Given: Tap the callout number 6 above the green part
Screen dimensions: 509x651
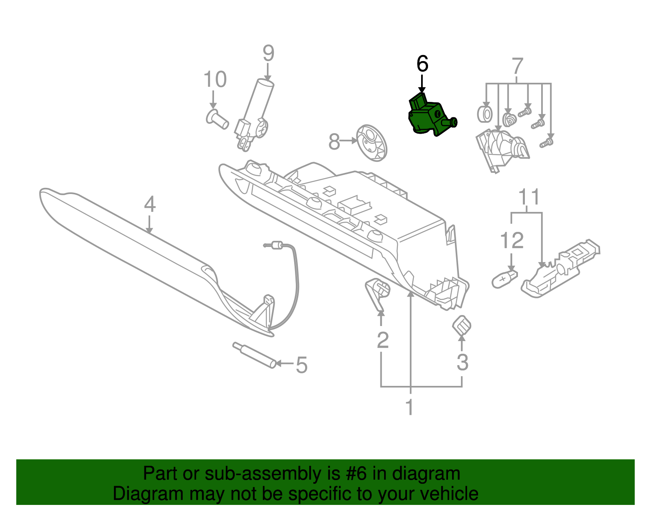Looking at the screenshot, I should click(422, 64).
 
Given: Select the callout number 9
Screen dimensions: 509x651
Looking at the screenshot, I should click(268, 53).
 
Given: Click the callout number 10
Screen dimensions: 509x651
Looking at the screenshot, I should click(215, 79).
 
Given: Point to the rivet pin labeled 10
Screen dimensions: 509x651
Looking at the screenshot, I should click(217, 119).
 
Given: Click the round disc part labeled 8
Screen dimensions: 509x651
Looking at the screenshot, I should click(371, 143).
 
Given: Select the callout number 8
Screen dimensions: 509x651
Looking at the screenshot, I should click(334, 142).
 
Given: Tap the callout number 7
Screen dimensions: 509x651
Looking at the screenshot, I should click(517, 66).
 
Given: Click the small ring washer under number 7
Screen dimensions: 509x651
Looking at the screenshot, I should click(485, 115).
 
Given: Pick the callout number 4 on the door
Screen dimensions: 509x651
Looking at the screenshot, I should click(150, 204).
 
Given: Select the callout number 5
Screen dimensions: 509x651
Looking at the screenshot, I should click(301, 365).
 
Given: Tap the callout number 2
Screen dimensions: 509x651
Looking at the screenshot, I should click(382, 340).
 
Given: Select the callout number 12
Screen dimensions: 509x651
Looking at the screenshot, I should click(511, 241).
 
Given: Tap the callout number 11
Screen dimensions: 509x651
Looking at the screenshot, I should click(529, 197).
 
